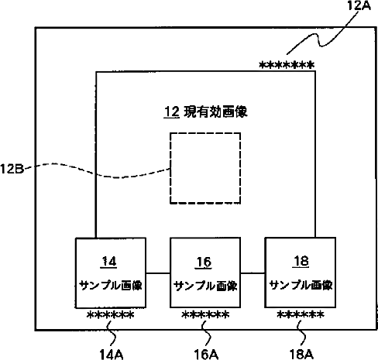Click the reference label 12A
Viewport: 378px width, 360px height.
359,5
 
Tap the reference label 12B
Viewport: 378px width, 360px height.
12,169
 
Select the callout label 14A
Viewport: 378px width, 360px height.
112,355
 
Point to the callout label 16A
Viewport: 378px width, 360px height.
206,355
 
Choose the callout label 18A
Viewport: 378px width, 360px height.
301,355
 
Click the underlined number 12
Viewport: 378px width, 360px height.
172,112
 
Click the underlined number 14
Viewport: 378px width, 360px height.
108,262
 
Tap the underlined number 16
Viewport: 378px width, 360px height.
204,262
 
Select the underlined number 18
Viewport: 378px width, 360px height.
301,262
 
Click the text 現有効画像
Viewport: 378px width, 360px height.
215,112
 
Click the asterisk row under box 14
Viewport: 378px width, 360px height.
111,315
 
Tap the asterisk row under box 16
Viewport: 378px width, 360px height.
205,315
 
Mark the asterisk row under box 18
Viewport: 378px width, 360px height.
301,314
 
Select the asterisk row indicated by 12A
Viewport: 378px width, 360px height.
287,65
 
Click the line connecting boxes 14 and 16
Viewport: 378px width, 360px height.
158,273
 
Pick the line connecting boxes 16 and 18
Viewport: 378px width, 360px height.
253,273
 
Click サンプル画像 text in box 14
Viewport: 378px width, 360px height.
111,286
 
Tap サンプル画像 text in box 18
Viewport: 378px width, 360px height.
301,285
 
